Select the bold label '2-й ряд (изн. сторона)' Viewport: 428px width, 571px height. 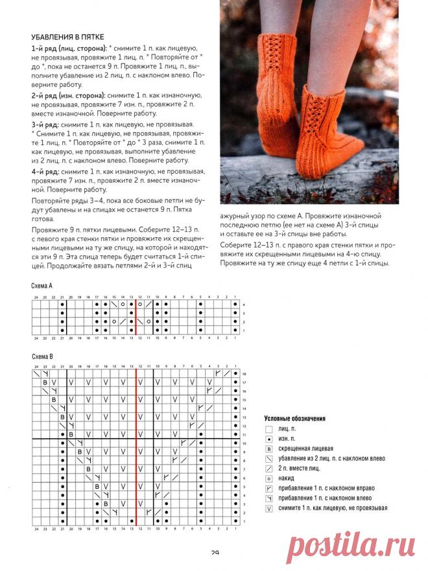click(68, 95)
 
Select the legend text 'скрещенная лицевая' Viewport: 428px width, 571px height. click(305, 448)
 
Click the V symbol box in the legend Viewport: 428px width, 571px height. click(268, 508)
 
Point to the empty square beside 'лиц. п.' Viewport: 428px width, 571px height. click(268, 428)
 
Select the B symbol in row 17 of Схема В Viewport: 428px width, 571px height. click(45, 383)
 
